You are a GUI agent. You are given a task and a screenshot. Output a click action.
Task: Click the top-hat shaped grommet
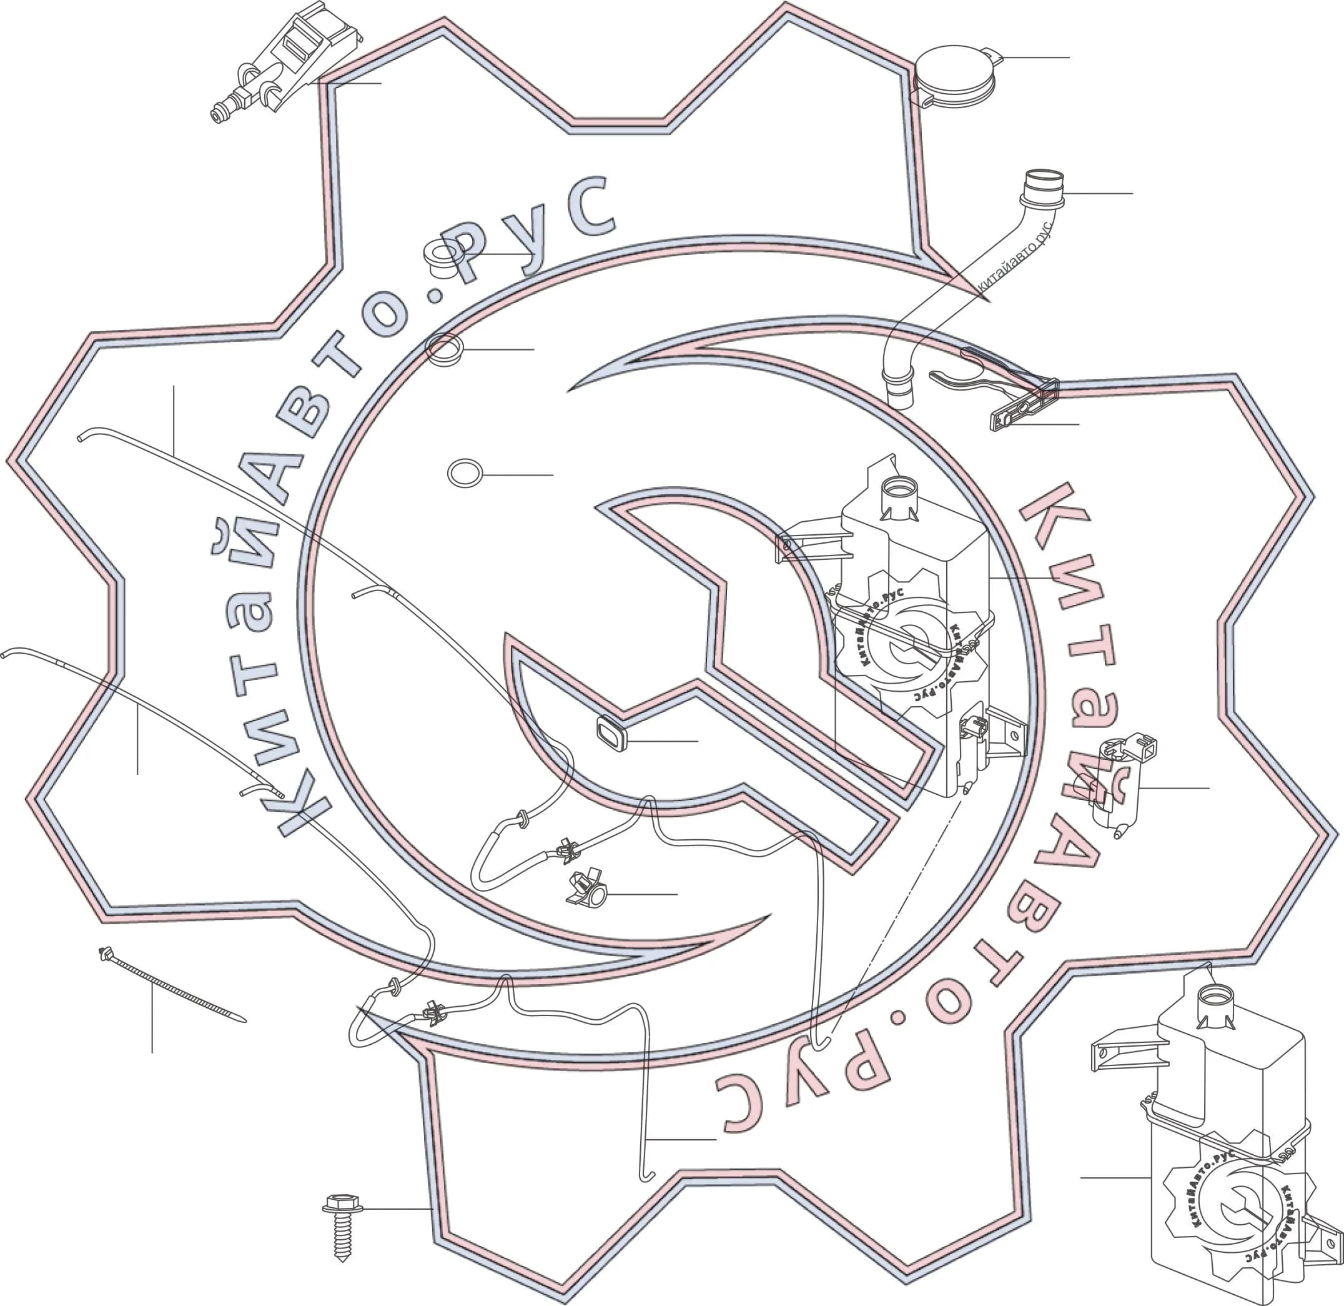(443, 259)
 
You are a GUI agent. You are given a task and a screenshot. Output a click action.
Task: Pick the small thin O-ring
(465, 473)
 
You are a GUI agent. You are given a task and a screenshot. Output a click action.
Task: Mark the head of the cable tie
(106, 954)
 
